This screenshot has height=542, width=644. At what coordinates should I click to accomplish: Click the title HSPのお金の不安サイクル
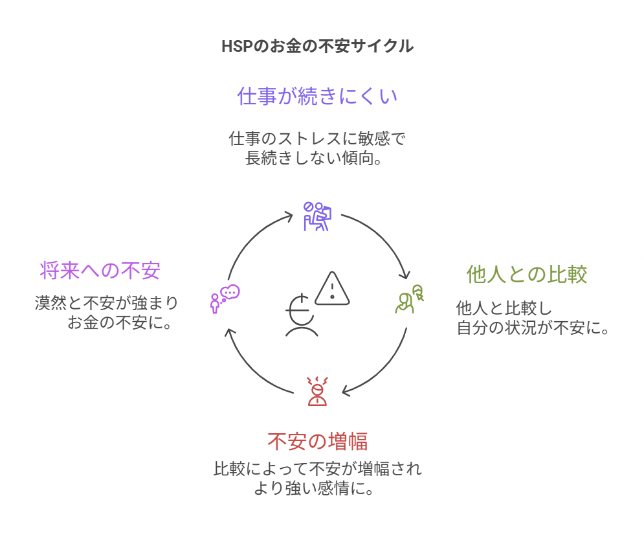[x=317, y=46]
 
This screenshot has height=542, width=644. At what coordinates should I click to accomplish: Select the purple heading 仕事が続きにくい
[x=317, y=96]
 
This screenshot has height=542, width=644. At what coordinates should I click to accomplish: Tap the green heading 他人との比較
[x=527, y=275]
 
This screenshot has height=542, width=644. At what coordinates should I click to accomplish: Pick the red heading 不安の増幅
[x=317, y=442]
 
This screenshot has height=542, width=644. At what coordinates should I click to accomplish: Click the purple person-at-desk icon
[x=317, y=217]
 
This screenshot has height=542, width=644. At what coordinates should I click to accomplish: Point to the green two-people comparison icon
[x=410, y=300]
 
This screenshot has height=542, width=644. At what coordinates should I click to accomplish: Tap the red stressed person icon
[x=317, y=391]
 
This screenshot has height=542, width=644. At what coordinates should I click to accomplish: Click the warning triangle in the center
[x=333, y=289]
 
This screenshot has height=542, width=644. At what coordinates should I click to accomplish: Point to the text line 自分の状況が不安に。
[x=533, y=328]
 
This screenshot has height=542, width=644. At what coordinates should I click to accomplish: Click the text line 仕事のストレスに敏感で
[x=317, y=139]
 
